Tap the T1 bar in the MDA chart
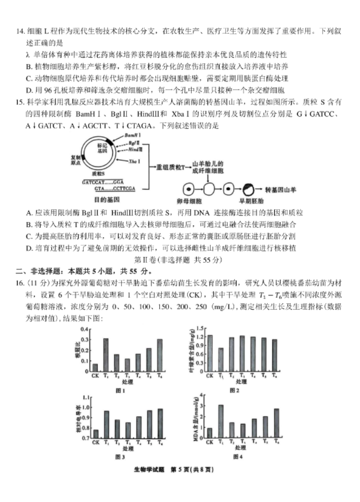pos(221,422)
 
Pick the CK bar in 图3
pos(95,434)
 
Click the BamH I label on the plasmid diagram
pos(131,135)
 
